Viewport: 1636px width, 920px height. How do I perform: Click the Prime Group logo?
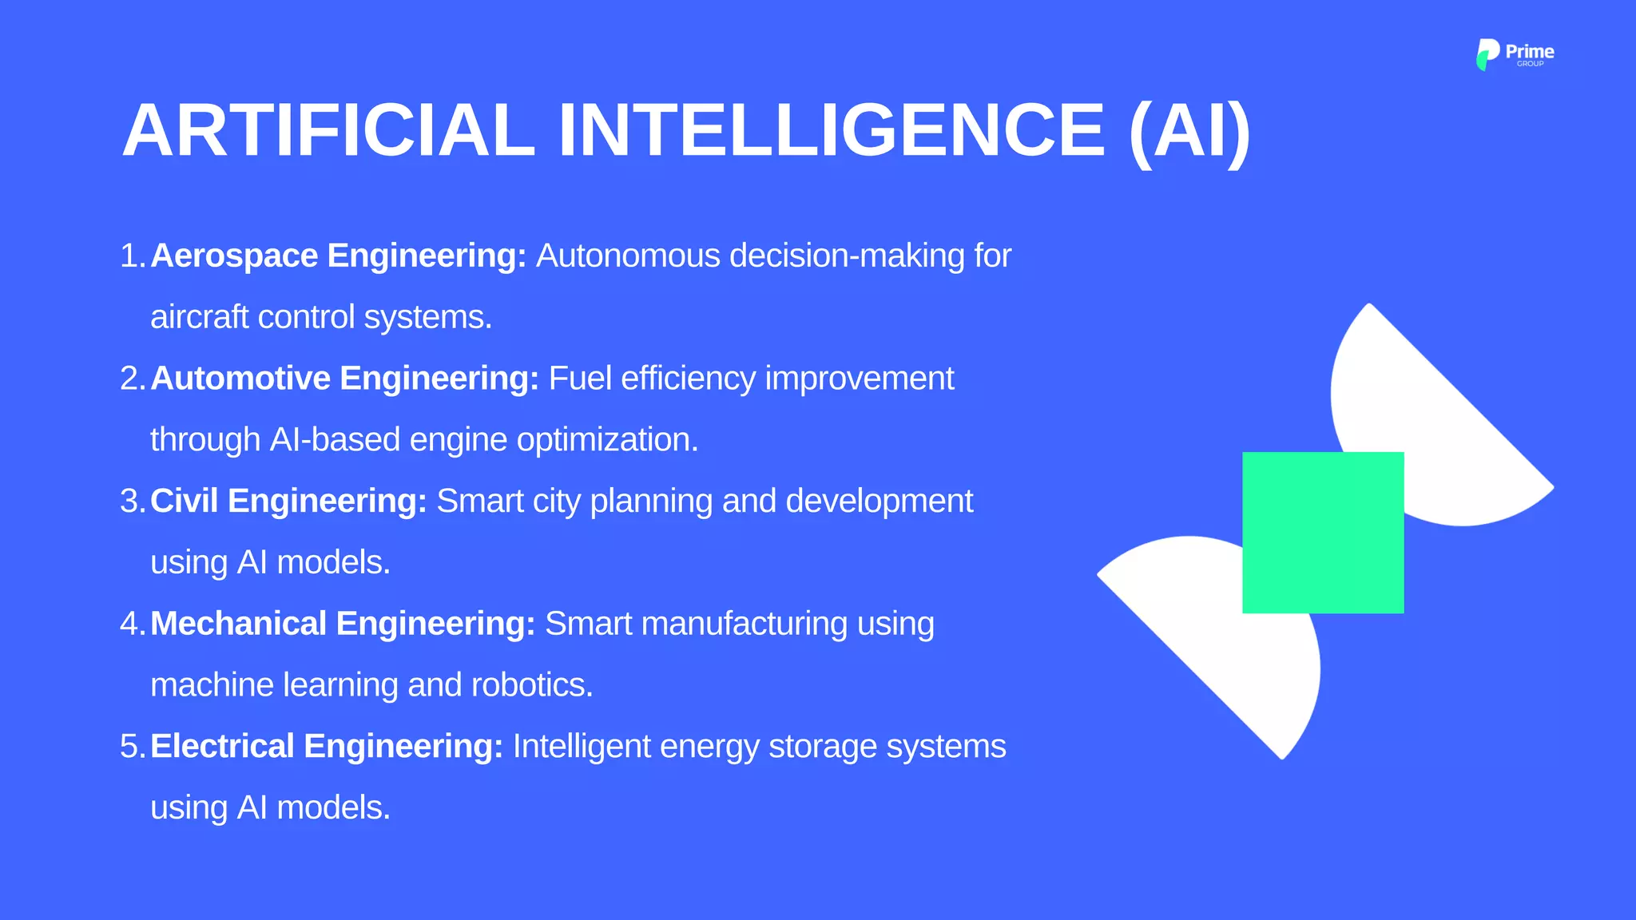point(1515,54)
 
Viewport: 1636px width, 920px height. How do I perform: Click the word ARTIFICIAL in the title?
point(328,130)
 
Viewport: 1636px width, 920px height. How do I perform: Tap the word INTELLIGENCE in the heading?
point(832,130)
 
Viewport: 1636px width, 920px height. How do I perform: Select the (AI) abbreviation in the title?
point(1189,132)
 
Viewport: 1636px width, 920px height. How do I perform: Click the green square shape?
point(1323,533)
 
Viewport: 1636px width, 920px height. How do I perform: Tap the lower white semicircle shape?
point(1222,631)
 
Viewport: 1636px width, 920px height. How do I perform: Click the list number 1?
point(129,256)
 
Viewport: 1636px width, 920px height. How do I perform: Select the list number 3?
point(129,502)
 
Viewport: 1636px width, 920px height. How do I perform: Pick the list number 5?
point(129,747)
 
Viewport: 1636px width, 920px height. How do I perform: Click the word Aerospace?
point(234,256)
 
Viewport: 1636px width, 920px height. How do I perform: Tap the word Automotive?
point(240,379)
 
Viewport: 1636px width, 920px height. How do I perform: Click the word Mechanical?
point(239,624)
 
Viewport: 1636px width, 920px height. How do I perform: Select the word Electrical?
point(223,747)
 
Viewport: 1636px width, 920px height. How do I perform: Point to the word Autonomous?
point(628,256)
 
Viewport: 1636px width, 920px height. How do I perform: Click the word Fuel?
point(580,379)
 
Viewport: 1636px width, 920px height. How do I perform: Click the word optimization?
point(607,440)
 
